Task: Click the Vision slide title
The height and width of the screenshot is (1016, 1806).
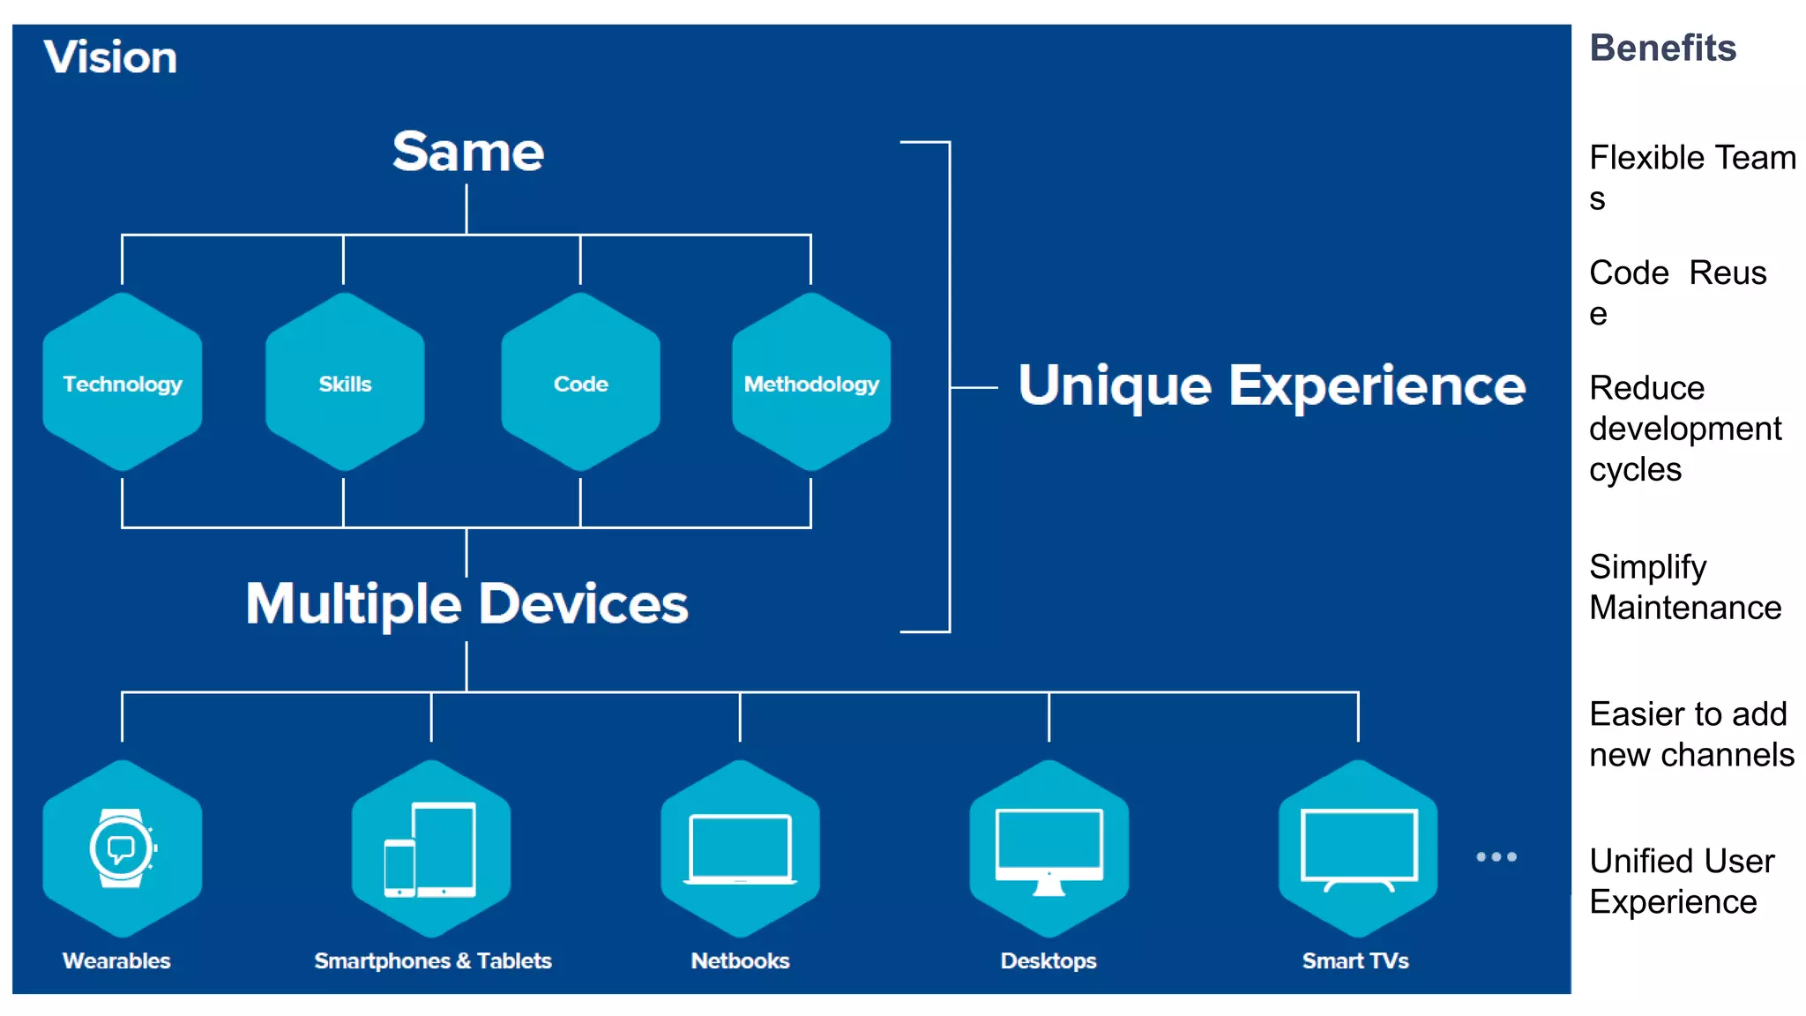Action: [x=110, y=57]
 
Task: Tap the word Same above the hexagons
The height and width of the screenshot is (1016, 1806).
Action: [x=467, y=152]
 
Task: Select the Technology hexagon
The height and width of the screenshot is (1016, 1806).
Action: [x=123, y=383]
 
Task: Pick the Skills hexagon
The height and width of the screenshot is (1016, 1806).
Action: [x=345, y=383]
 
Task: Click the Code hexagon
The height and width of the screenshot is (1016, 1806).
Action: [x=580, y=383]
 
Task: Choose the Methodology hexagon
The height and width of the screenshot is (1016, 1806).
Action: [x=811, y=383]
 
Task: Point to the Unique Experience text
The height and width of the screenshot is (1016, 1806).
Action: [x=1271, y=385]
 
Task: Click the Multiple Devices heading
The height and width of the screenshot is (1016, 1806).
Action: [x=466, y=604]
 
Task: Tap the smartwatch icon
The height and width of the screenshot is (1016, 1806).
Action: [x=123, y=848]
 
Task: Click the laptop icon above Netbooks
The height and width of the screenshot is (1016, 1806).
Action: [x=740, y=848]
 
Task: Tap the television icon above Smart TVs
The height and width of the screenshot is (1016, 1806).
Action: [x=1358, y=848]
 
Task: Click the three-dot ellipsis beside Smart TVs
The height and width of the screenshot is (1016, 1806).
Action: [x=1496, y=856]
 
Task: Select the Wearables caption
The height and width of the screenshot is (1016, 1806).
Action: [x=116, y=960]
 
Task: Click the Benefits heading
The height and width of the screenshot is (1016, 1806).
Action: [x=1662, y=48]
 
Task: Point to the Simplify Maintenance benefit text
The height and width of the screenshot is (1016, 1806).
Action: [x=1684, y=586]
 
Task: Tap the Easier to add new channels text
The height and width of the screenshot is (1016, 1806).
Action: [x=1690, y=734]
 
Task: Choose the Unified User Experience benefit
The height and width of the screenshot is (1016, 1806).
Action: [x=1681, y=881]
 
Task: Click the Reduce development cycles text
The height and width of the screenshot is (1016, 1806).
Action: [x=1684, y=429]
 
